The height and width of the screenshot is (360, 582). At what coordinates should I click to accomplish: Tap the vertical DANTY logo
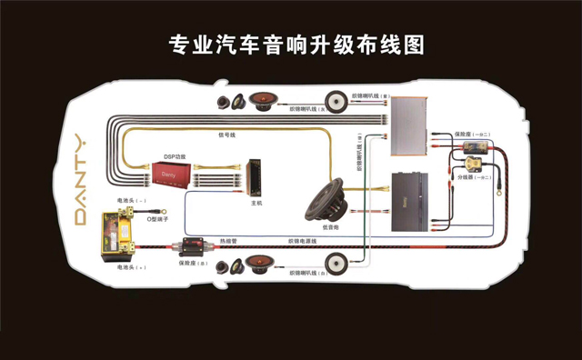pos(80,181)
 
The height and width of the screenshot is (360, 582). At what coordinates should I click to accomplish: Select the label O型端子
pos(148,217)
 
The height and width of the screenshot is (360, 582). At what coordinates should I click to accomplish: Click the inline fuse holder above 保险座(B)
pos(195,246)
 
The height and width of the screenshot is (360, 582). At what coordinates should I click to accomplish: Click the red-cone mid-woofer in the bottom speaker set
pos(262,265)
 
